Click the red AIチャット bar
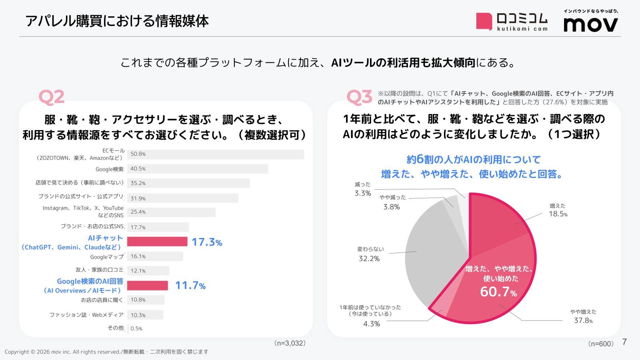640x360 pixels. [157, 242]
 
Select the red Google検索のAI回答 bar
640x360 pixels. [148, 286]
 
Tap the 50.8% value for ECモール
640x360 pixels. [138, 154]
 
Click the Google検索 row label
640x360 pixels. [110, 169]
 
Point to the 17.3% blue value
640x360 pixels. [207, 242]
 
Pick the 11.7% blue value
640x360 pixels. [190, 286]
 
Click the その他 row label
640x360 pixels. [116, 328]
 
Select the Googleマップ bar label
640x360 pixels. [107, 257]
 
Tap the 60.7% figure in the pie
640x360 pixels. [498, 292]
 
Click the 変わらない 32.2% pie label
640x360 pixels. [370, 254]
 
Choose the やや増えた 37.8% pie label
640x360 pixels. [584, 316]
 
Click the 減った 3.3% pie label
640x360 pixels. [362, 189]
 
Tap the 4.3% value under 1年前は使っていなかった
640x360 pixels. [372, 324]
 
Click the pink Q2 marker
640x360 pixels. [52, 97]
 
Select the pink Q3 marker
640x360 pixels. [359, 97]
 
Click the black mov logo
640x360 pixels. [590, 24]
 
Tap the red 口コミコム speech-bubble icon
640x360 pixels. [484, 22]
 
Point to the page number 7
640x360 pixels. [624, 342]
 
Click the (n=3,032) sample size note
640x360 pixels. [290, 343]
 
